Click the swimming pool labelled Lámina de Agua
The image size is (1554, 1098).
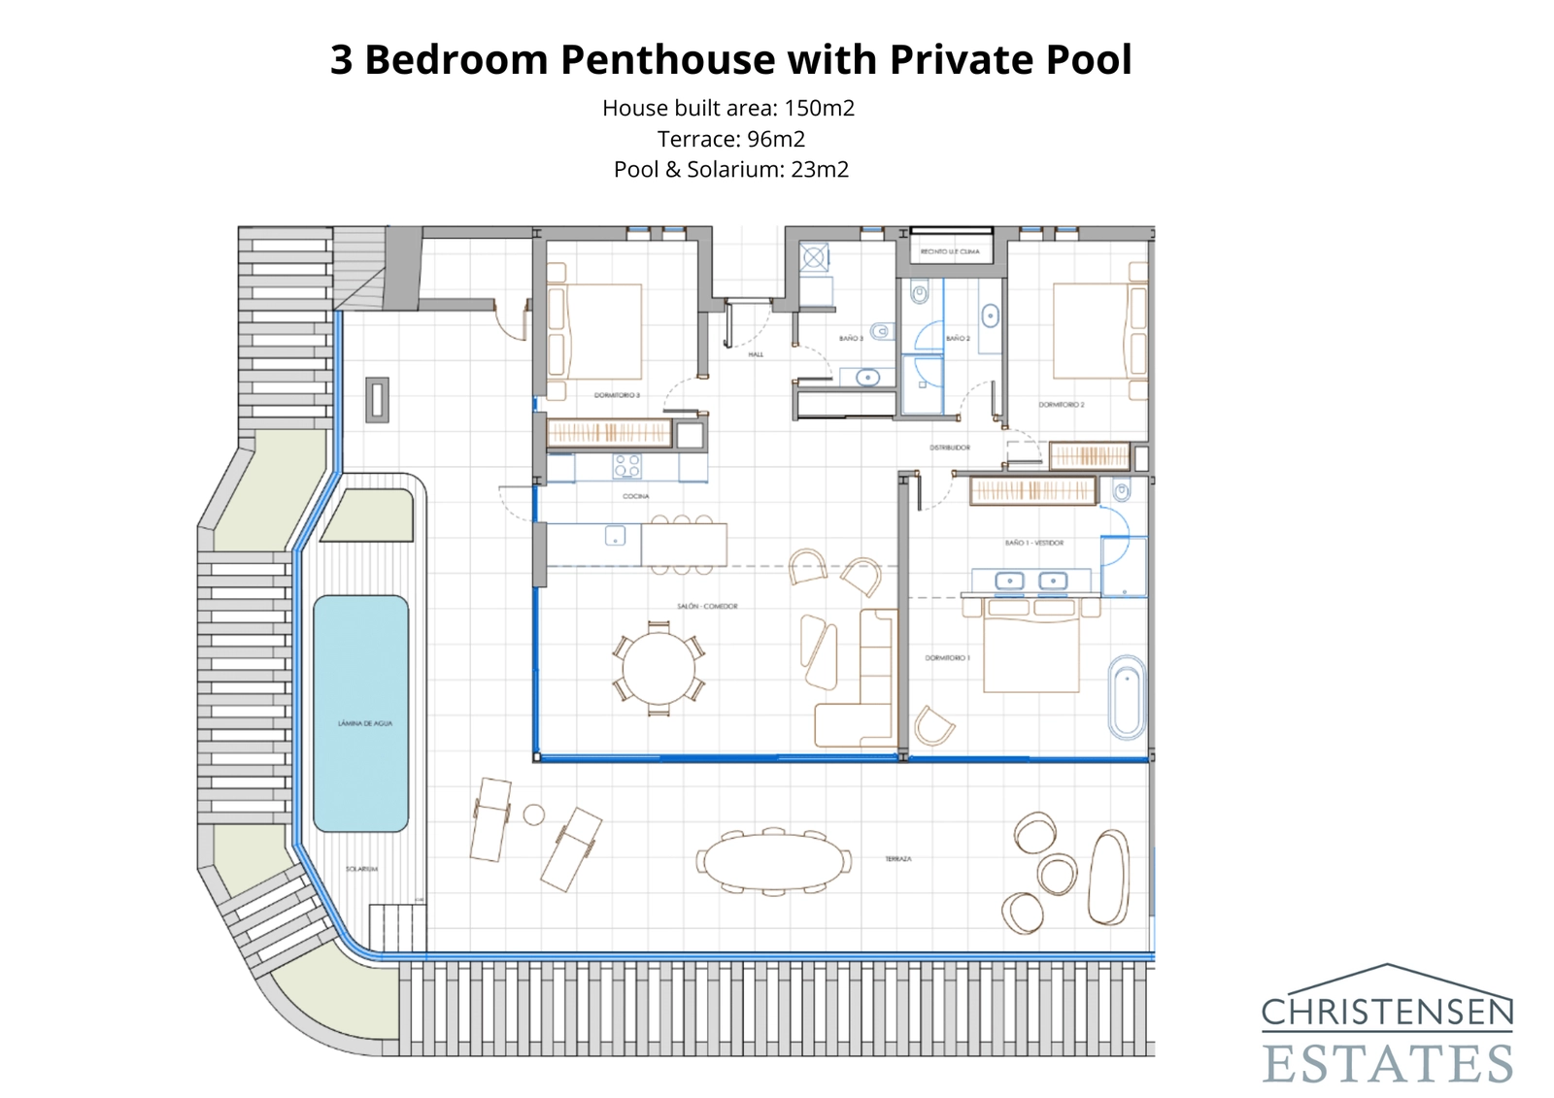click(x=360, y=714)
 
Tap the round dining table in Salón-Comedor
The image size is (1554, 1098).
click(x=659, y=669)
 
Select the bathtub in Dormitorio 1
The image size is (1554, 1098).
click(x=1127, y=697)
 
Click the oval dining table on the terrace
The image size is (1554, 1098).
click(x=773, y=861)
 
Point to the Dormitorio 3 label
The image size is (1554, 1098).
click(x=617, y=395)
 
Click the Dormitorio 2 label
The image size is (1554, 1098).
click(x=1062, y=405)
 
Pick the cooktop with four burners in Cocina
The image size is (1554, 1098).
click(x=626, y=467)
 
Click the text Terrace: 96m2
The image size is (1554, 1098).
click(x=730, y=139)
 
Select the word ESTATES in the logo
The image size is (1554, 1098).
click(x=1388, y=1063)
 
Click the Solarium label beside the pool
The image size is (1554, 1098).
click(x=361, y=869)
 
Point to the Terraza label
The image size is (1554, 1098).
click(x=897, y=859)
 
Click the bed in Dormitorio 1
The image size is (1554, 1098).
click(x=1030, y=649)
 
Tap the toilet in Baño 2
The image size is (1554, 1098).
click(x=919, y=291)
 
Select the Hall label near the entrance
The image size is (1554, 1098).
click(x=756, y=354)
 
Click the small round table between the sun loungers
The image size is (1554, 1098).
click(x=533, y=815)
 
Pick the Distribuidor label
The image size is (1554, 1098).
click(x=949, y=448)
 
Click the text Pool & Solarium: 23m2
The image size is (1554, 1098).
click(x=730, y=170)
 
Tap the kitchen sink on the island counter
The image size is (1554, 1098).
click(x=615, y=535)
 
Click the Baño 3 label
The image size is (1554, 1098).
click(x=851, y=339)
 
